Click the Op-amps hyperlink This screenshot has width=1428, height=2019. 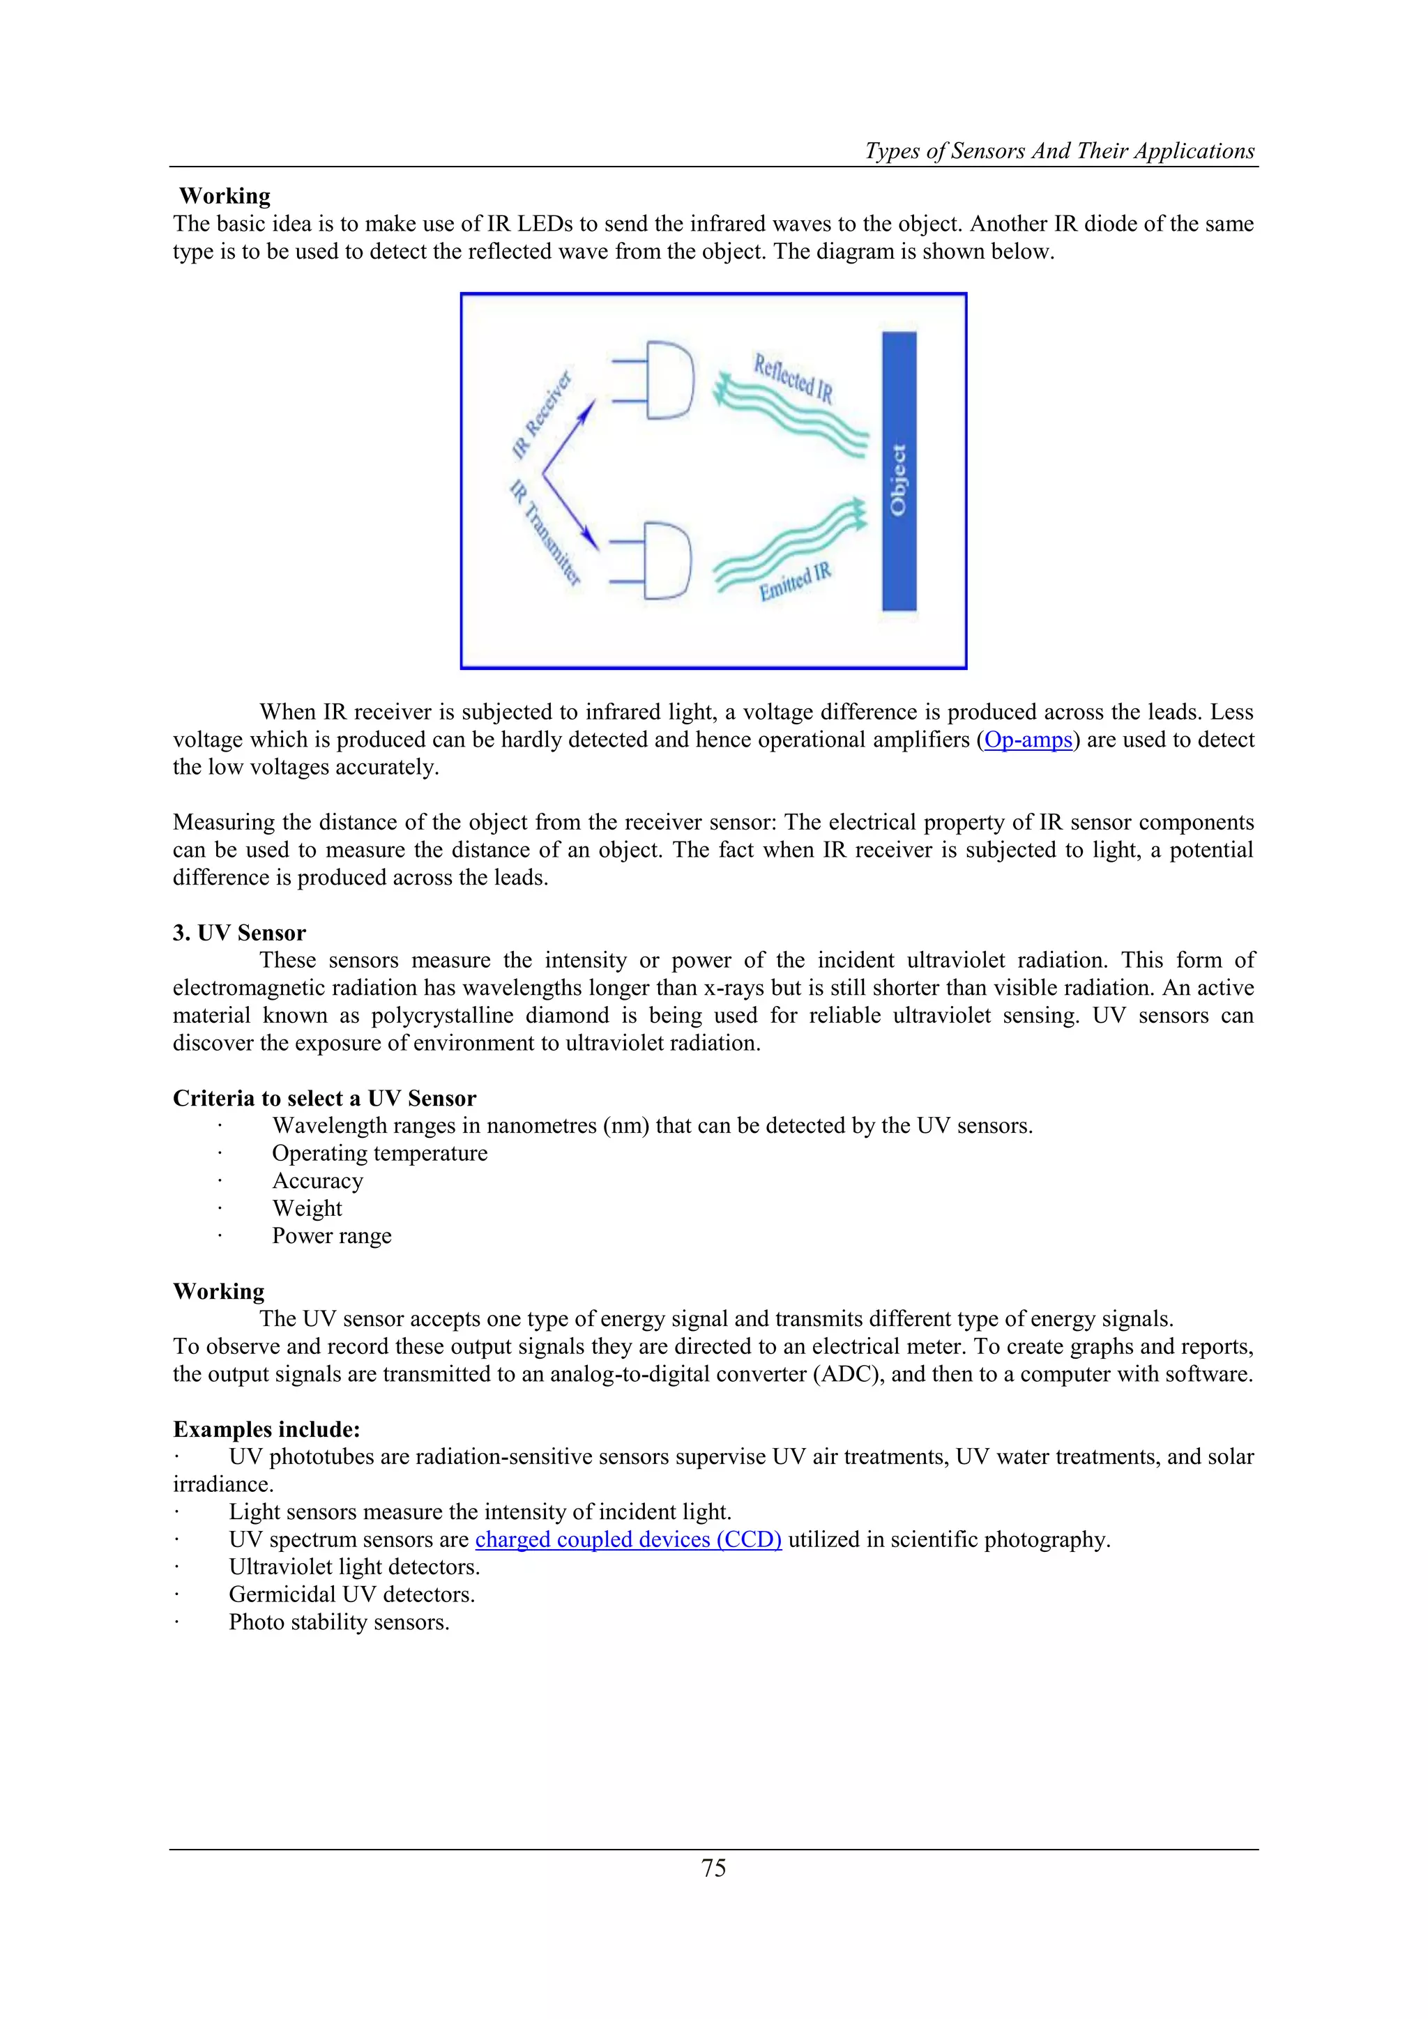1028,740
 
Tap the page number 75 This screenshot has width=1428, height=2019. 713,1868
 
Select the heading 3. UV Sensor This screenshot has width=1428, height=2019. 239,932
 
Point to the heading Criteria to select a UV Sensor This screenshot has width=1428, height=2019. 324,1097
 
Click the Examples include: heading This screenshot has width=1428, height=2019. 266,1429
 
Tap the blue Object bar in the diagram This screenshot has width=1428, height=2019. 899,471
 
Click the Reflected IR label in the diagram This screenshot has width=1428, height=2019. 792,377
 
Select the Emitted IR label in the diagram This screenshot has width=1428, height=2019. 795,581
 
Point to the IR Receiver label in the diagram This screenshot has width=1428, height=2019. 541,413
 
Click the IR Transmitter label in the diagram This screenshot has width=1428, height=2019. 545,532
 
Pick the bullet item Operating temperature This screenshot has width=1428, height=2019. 379,1153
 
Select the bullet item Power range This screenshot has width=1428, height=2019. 331,1235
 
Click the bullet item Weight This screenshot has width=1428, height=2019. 307,1208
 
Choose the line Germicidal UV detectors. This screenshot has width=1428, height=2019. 351,1594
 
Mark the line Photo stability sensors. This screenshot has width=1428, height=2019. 339,1622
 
